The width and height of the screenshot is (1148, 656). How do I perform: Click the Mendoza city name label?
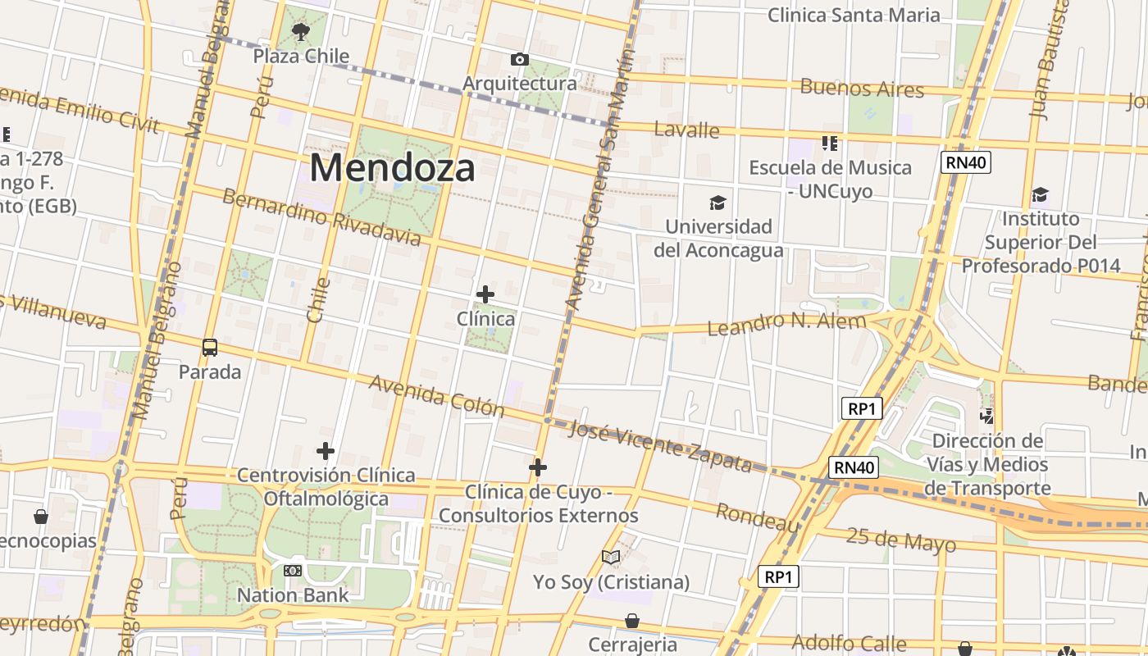coord(393,168)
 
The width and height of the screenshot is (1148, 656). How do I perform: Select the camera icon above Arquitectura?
coord(519,59)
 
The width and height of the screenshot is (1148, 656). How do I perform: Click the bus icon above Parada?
coord(210,348)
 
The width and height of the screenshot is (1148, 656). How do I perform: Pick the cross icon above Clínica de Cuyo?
coord(538,467)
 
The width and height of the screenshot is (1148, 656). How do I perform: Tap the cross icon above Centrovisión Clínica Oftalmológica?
coord(326,451)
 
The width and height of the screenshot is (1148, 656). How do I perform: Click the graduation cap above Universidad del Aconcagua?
coord(718,203)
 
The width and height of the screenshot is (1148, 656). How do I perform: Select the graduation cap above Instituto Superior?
coord(1040,195)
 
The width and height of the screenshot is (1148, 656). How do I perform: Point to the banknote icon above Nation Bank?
coord(293,571)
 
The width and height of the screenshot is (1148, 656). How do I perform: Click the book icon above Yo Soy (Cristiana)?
coord(611,558)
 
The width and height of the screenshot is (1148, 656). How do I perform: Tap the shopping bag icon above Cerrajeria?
coord(632,621)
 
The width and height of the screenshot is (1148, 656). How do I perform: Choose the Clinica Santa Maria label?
coord(854,15)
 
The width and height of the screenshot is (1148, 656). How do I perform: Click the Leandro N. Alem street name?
coord(786,323)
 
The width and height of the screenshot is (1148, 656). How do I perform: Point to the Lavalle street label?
coord(686,130)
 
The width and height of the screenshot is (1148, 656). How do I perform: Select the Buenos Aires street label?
coord(862,88)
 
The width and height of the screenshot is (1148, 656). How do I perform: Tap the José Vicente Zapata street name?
coord(659,446)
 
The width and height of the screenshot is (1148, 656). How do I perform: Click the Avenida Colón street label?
coord(435,395)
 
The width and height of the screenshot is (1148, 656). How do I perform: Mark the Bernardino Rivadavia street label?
coord(321,217)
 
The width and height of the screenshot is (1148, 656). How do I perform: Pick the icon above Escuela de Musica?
coord(830,144)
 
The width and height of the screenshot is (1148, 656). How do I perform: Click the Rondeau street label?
coord(758,517)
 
